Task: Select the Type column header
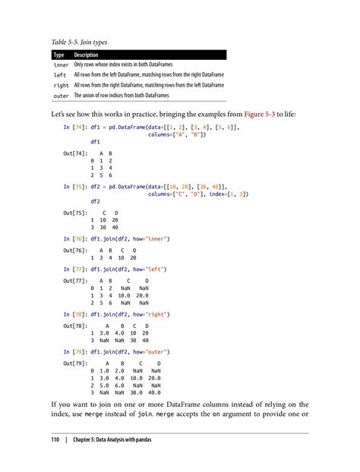pos(58,55)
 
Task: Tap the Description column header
pos(88,55)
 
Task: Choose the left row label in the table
pos(59,76)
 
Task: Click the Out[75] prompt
pos(75,213)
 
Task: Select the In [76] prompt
pos(74,238)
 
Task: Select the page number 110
pos(55,440)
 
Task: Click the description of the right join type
pos(149,86)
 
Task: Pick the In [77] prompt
pos(74,269)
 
